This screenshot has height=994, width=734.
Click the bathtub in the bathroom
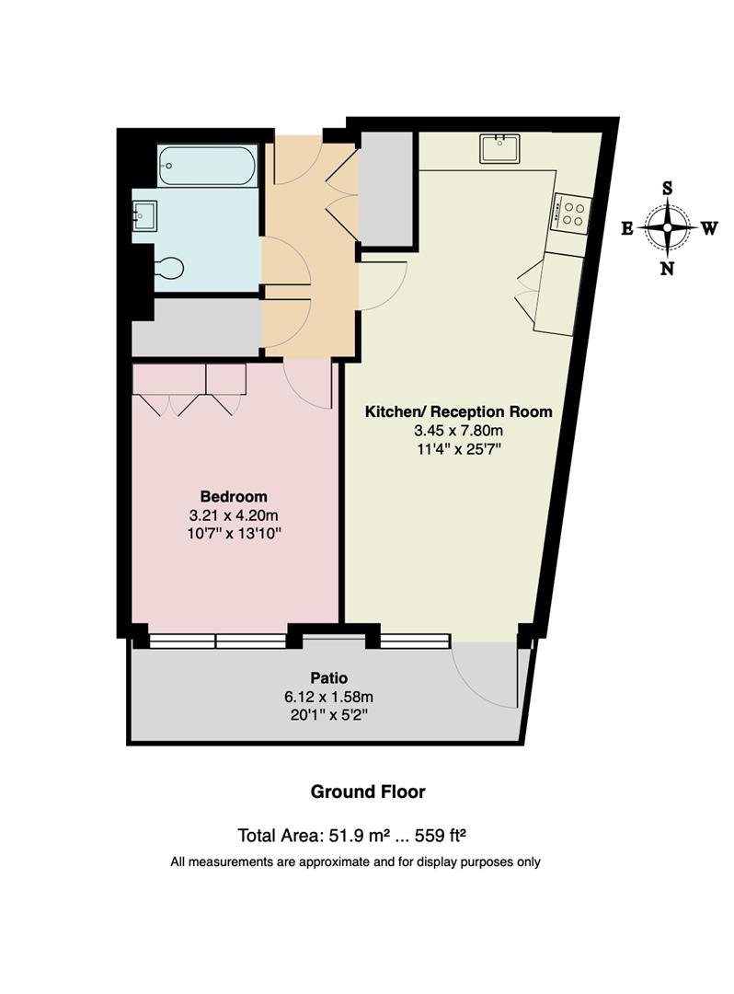coord(207,166)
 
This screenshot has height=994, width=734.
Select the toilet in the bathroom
coord(168,268)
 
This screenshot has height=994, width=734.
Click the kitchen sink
coord(499,147)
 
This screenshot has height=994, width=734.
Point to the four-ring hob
coord(569,214)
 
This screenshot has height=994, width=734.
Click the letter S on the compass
coord(668,187)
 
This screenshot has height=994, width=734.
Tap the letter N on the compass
coord(668,269)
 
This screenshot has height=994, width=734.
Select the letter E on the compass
coord(626,229)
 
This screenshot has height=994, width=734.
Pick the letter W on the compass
coord(709,229)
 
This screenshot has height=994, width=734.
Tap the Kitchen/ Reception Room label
coord(459,411)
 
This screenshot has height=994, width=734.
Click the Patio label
coord(327,677)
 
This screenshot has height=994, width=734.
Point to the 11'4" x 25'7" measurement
coord(459,448)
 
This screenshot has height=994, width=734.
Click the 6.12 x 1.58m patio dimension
coord(327,696)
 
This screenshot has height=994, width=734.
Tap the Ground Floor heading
coord(367,792)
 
